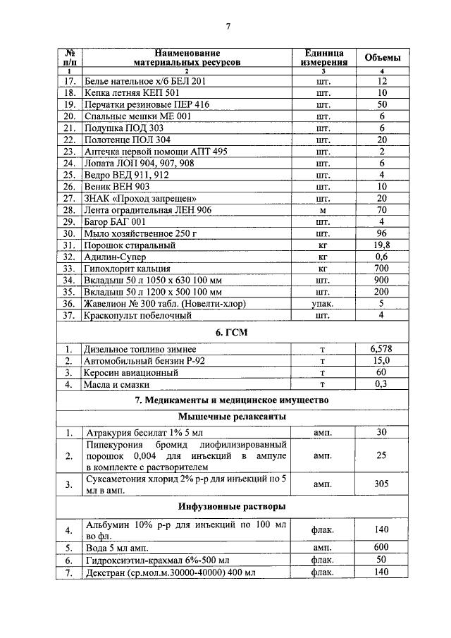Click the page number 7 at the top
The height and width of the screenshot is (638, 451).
[228, 27]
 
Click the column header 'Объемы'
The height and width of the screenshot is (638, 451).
[381, 58]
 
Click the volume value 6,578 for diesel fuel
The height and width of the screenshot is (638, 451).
[381, 349]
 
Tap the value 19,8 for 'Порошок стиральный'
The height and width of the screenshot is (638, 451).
[381, 245]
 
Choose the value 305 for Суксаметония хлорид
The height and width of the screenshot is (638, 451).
[381, 485]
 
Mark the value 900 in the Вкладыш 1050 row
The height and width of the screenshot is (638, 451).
[381, 281]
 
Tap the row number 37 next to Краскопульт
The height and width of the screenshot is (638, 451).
[69, 316]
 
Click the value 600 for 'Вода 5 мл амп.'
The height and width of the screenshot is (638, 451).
[381, 547]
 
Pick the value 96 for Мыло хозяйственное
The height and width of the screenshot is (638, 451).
[381, 233]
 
